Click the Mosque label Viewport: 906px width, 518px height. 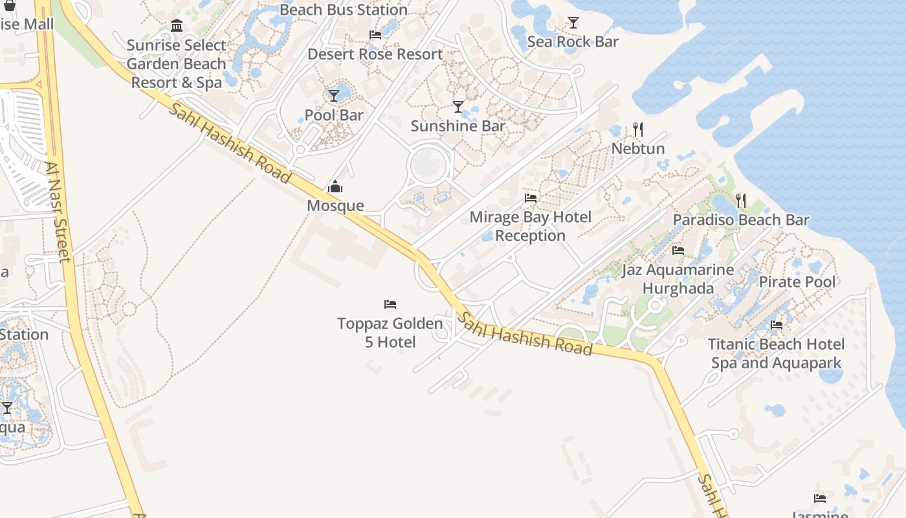tap(335, 206)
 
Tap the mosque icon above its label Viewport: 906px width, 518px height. tap(335, 188)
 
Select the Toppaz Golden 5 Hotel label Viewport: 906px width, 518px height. tap(390, 332)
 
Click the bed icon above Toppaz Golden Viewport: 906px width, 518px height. tap(390, 304)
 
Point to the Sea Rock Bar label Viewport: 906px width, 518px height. tap(573, 41)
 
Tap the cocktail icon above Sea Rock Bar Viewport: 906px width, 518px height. tap(573, 23)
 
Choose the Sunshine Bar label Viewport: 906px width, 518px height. tap(458, 126)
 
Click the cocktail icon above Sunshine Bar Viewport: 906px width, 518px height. tap(458, 107)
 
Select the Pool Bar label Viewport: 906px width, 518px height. tap(334, 115)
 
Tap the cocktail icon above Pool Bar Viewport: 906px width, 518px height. tap(334, 96)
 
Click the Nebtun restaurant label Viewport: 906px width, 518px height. tap(638, 148)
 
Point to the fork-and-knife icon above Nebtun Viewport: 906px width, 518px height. tap(638, 129)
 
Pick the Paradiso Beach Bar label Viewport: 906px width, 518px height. tap(741, 220)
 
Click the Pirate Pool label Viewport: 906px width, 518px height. tap(797, 282)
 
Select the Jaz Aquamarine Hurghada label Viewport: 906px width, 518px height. tap(678, 279)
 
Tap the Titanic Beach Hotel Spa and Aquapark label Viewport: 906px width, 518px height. tap(777, 354)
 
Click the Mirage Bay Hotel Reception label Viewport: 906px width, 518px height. tap(531, 226)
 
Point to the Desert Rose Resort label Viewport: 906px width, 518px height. tap(375, 54)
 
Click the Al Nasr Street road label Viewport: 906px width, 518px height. tap(58, 211)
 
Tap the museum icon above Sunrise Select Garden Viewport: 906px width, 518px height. tap(177, 26)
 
